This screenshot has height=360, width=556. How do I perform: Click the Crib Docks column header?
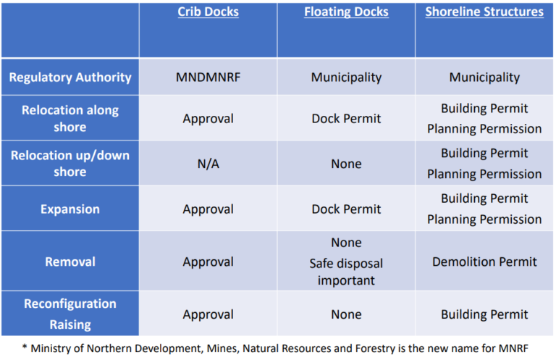[208, 12]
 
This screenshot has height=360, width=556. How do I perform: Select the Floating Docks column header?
[346, 12]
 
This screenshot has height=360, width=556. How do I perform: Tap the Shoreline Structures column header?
[484, 12]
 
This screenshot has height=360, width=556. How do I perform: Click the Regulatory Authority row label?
[69, 78]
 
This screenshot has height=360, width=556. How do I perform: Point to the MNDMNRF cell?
[208, 78]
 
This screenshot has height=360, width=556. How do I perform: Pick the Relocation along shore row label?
[69, 119]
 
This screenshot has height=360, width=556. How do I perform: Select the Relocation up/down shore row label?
[69, 164]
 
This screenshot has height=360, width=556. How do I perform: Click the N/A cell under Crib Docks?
[208, 164]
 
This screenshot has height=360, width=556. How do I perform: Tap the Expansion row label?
[69, 209]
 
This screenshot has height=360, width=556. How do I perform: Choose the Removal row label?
[69, 261]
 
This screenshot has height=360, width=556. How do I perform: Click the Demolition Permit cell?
[484, 261]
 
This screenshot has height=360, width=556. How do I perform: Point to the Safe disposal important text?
[346, 271]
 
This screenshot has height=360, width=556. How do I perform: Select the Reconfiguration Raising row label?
[69, 314]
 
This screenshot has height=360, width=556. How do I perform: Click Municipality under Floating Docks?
[346, 78]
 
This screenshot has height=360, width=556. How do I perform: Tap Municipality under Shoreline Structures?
[484, 78]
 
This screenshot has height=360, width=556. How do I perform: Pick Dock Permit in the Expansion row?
[346, 209]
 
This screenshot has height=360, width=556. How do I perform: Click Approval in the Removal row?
[208, 261]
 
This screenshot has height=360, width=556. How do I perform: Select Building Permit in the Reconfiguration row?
[484, 314]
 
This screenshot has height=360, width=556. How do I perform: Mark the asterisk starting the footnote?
[25, 346]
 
